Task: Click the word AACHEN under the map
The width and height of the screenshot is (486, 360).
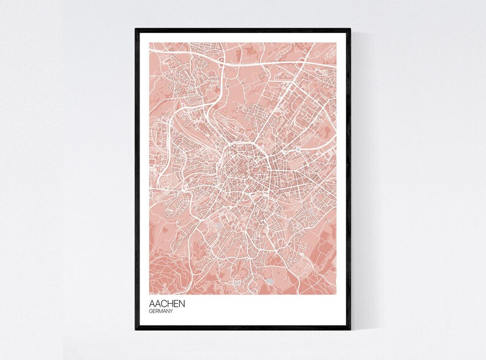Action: pyautogui.click(x=167, y=304)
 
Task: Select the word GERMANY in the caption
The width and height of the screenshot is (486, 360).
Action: pyautogui.click(x=161, y=312)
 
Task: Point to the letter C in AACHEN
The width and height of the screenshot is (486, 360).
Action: pyautogui.click(x=165, y=304)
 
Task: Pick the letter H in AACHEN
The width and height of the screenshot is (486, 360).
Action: pyautogui.click(x=171, y=304)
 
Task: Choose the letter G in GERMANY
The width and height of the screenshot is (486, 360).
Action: pyautogui.click(x=151, y=312)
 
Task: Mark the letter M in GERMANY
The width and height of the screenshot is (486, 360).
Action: pyautogui.click(x=161, y=312)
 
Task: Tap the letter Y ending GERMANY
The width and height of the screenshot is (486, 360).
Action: pyautogui.click(x=171, y=312)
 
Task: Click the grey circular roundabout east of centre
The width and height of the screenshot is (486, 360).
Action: pyautogui.click(x=297, y=149)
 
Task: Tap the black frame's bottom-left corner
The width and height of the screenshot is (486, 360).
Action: pyautogui.click(x=136, y=329)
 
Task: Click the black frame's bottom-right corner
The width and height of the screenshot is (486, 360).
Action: pyautogui.click(x=350, y=329)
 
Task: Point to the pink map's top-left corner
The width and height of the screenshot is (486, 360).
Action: pyautogui.click(x=149, y=42)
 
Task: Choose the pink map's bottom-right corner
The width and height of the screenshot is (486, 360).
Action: pyautogui.click(x=336, y=294)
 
